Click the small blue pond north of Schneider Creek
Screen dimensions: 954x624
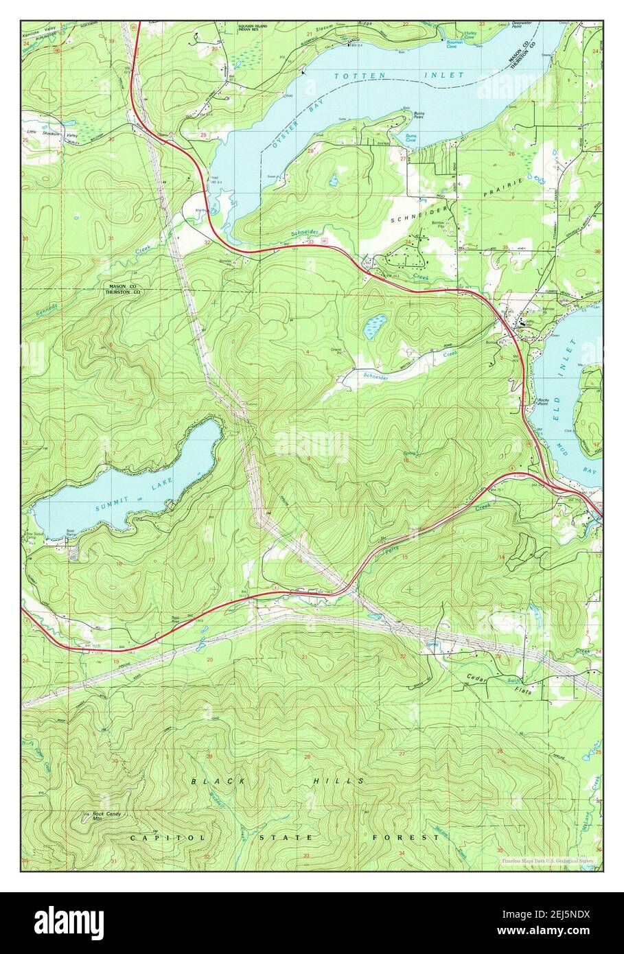click(375, 325)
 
